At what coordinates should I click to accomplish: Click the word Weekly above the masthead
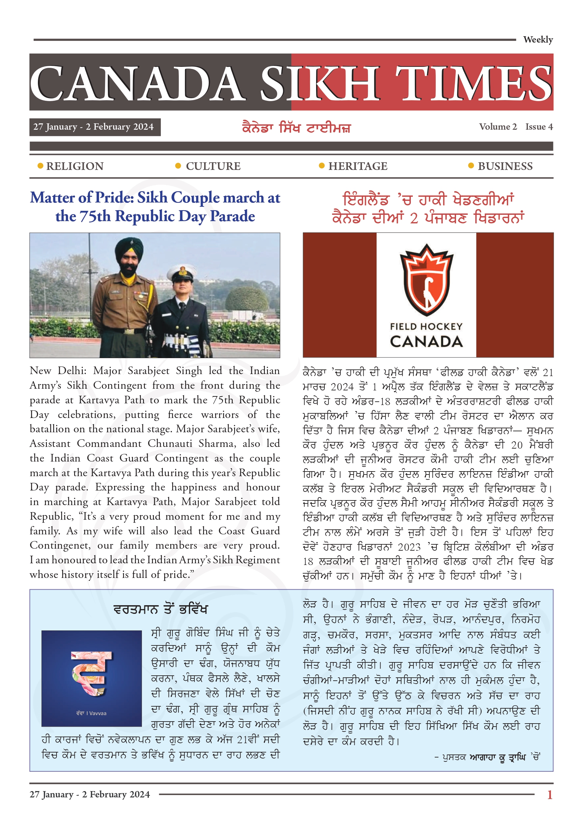click(x=537, y=40)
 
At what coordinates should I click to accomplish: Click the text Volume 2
click(x=498, y=127)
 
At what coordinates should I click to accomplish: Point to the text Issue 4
click(x=539, y=127)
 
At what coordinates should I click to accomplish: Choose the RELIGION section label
click(x=75, y=166)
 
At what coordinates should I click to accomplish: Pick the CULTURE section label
click(x=213, y=166)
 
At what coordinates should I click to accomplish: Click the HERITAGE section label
click(x=358, y=166)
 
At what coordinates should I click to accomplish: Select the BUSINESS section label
click(x=505, y=166)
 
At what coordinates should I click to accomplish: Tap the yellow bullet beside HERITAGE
click(x=322, y=166)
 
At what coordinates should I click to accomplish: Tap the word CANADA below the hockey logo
click(x=426, y=342)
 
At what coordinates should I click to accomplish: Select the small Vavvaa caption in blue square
click(x=91, y=713)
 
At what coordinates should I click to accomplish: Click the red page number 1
click(x=549, y=795)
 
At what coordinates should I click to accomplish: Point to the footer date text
click(x=89, y=794)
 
